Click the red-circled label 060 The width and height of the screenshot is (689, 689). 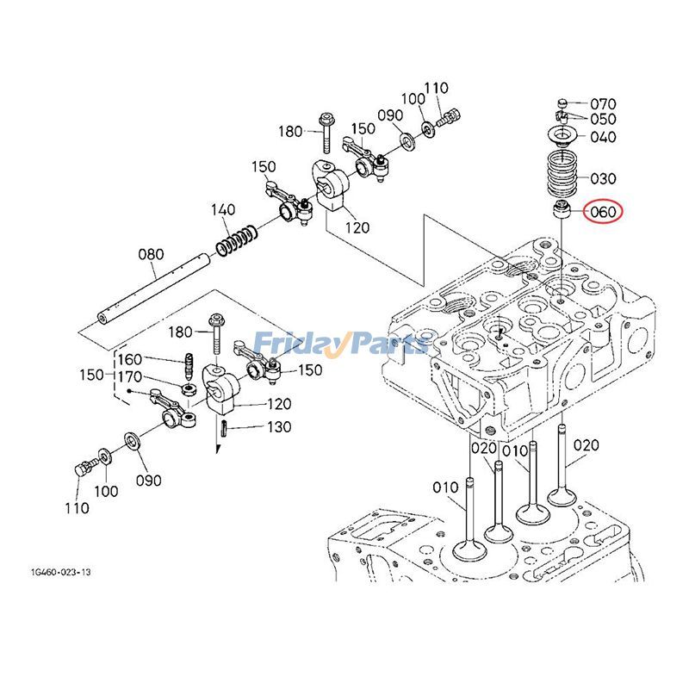(x=602, y=211)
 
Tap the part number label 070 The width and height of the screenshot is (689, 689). (x=603, y=104)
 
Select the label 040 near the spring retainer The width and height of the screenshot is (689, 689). (x=603, y=138)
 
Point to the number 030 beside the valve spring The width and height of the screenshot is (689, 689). (x=603, y=178)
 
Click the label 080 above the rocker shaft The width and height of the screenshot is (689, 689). (x=151, y=254)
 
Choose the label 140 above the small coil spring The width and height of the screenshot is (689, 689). (x=223, y=210)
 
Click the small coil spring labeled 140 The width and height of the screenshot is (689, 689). (x=235, y=238)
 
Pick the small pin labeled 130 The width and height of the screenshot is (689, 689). (x=222, y=428)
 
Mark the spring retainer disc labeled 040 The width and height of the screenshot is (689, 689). (x=564, y=136)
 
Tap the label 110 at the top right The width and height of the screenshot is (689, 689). (x=437, y=88)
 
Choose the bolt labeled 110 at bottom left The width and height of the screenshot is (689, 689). (x=84, y=471)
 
